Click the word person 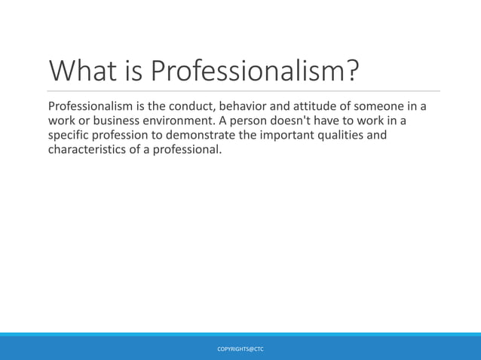pyautogui.click(x=250, y=121)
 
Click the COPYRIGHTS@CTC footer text pyautogui.click(x=240, y=349)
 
